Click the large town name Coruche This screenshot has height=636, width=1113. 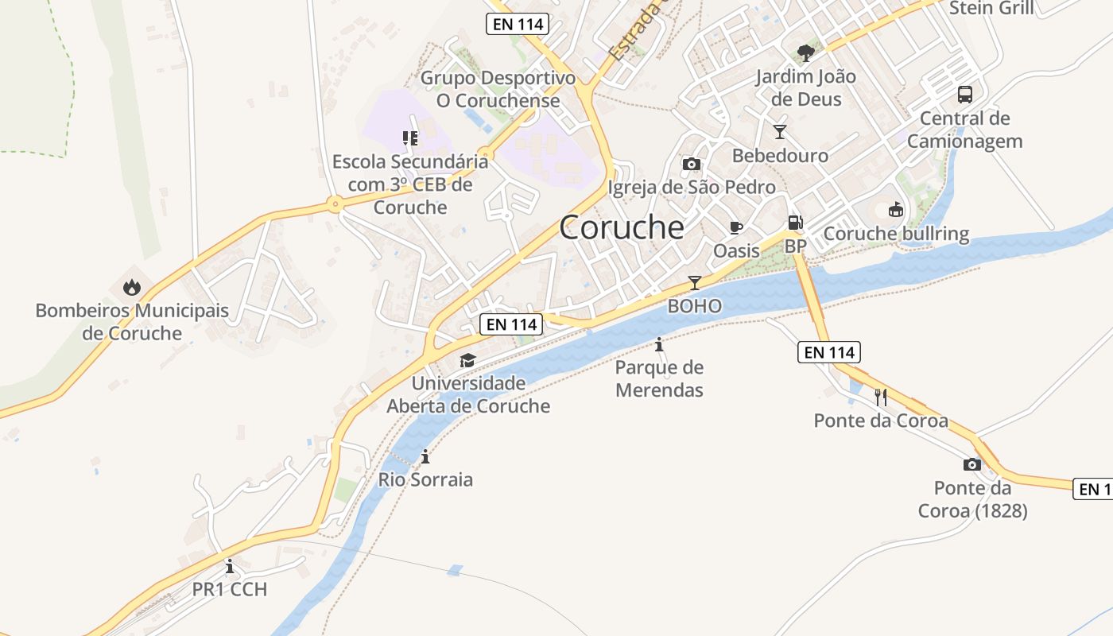(x=622, y=227)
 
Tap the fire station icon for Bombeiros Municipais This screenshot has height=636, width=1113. (x=132, y=287)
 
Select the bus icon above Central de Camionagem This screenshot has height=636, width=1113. (x=964, y=95)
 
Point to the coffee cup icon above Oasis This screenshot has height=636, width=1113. (x=736, y=227)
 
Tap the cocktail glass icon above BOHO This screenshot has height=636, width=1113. (x=695, y=282)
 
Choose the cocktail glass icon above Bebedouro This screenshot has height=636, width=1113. (x=780, y=132)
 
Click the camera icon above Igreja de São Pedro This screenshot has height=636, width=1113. (x=692, y=164)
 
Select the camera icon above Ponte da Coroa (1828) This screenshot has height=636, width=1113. (x=971, y=464)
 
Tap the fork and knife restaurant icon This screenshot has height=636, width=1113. (x=881, y=397)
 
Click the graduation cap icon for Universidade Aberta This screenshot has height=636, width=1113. (x=467, y=360)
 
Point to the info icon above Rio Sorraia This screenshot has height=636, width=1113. (x=425, y=456)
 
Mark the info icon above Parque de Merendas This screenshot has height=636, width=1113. (x=659, y=344)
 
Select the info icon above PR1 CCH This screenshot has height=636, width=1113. (x=230, y=566)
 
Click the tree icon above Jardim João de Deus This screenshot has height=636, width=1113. (x=805, y=53)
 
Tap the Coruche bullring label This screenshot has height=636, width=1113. (x=896, y=234)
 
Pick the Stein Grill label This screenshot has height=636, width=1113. (x=991, y=8)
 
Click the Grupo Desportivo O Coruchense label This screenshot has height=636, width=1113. (x=498, y=89)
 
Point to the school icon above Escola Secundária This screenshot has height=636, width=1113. (x=409, y=138)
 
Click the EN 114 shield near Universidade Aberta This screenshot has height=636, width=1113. (x=512, y=324)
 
